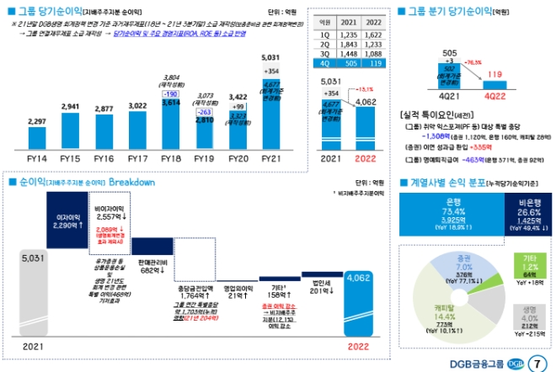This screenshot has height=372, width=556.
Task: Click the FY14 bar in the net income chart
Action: point(37,140)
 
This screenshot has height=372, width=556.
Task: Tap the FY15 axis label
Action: point(71,158)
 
